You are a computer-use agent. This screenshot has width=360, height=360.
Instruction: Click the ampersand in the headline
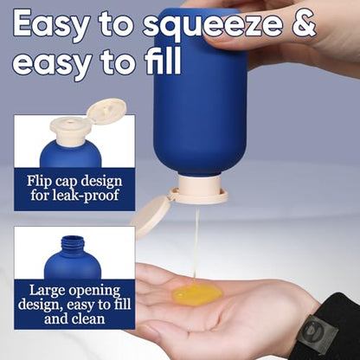[x=300, y=22]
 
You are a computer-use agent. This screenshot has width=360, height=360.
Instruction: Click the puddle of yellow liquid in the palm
[x=197, y=294]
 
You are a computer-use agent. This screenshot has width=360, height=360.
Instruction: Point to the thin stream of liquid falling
[x=196, y=245]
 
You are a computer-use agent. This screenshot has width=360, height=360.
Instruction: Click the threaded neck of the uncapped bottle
[x=73, y=245]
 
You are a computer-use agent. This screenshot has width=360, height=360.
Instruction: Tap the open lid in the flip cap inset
[x=106, y=111]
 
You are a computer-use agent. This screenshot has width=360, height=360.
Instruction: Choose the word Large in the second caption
[x=47, y=291]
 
